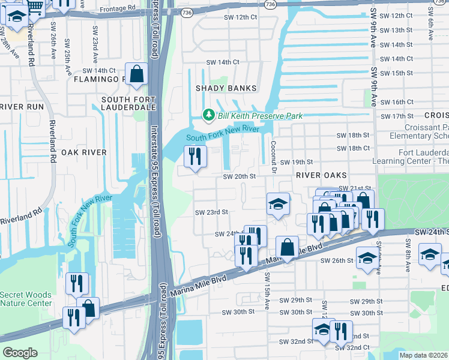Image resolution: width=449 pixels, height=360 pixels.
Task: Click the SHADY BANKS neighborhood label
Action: (226, 88)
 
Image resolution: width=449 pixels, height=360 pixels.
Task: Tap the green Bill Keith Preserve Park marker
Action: (208, 115)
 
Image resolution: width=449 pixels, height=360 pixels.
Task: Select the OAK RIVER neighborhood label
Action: (83, 152)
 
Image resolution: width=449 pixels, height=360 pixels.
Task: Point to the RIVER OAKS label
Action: (321, 175)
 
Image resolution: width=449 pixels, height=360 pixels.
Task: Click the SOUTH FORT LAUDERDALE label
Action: (128, 103)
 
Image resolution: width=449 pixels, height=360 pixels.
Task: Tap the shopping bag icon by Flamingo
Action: (137, 74)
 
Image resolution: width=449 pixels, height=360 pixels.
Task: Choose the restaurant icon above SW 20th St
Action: (195, 157)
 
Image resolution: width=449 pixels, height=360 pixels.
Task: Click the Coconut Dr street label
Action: (273, 155)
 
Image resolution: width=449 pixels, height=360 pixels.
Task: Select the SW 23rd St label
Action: (212, 212)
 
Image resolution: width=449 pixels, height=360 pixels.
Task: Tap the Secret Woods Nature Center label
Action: (26, 299)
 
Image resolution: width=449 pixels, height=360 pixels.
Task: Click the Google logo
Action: (20, 353)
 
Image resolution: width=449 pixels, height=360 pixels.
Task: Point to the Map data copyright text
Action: (424, 355)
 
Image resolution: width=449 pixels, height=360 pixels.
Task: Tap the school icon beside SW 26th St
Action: (367, 258)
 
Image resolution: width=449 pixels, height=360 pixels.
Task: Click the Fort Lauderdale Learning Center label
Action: (411, 157)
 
